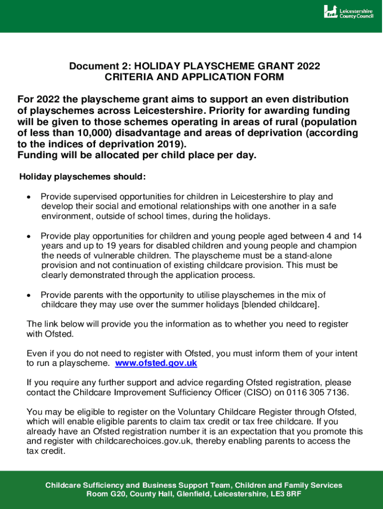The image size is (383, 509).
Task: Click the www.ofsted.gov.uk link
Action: pyautogui.click(x=156, y=363)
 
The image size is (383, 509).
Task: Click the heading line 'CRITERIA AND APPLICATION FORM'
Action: pyautogui.click(x=194, y=77)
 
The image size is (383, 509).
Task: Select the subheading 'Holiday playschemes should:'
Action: pyautogui.click(x=83, y=176)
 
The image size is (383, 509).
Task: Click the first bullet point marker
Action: pyautogui.click(x=29, y=197)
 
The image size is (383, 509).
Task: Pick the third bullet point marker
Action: pyautogui.click(x=29, y=296)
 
